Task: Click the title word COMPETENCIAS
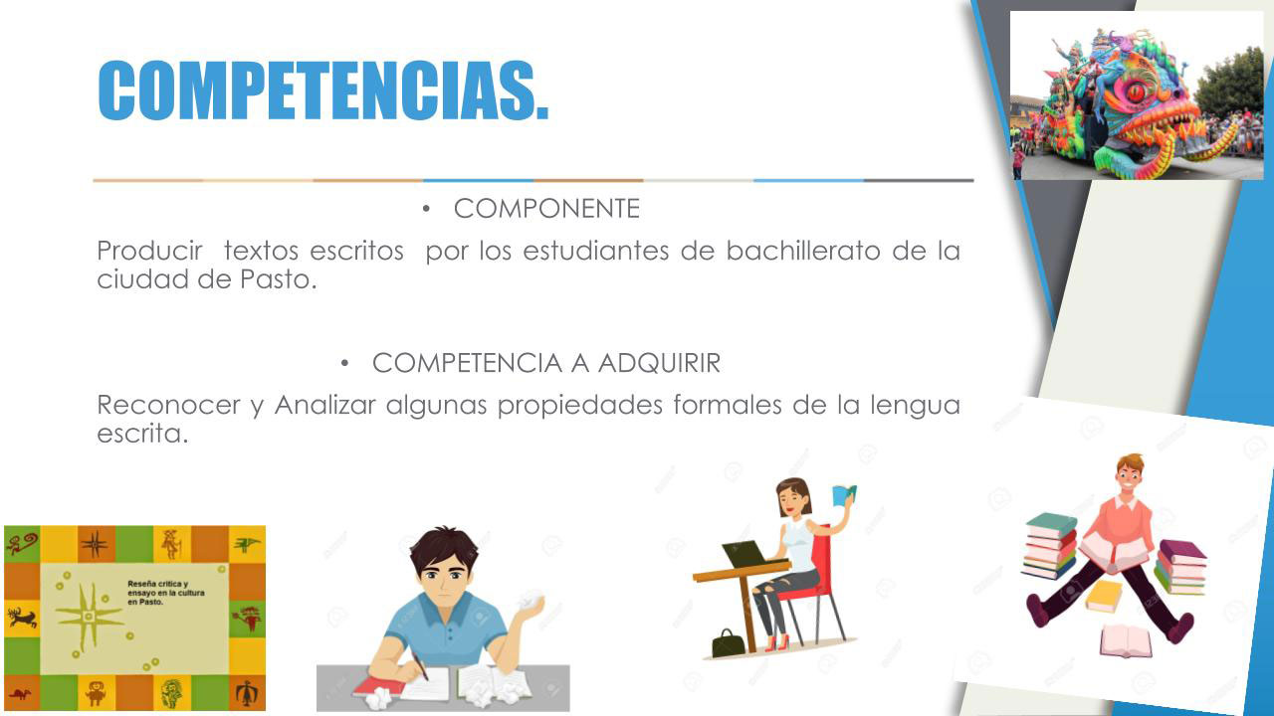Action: [323, 90]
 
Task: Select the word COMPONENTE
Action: [546, 209]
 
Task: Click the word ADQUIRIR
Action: [659, 363]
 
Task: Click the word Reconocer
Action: [168, 405]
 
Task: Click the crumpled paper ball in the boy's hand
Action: [530, 601]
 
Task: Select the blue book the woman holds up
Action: [844, 494]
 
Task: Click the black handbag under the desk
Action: [729, 642]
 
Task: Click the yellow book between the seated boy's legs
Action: [1104, 596]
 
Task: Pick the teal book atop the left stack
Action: [1051, 524]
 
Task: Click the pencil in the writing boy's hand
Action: [420, 665]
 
